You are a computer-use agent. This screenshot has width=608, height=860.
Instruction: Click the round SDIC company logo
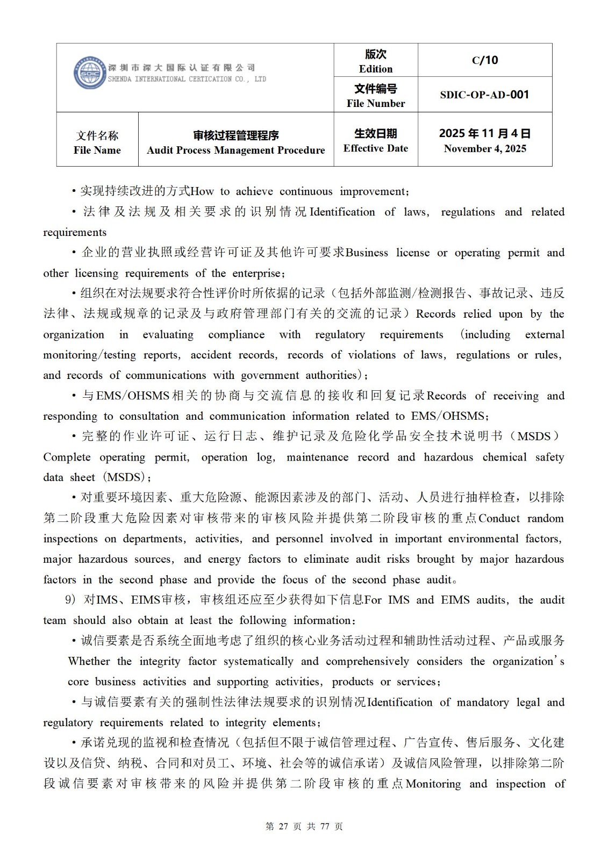point(89,73)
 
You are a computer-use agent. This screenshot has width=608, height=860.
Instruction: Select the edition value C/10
point(485,60)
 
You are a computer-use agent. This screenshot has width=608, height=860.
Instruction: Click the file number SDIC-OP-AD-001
point(484,95)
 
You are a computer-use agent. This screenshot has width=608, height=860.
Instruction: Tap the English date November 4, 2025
point(485,149)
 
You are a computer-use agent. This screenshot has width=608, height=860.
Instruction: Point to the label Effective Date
point(376,148)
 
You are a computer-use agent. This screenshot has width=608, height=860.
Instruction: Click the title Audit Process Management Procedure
point(236,150)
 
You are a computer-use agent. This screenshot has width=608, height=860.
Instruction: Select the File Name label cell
point(97,142)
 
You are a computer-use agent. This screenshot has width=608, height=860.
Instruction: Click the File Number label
point(376,103)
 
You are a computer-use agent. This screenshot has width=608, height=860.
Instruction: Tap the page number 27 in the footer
point(284,827)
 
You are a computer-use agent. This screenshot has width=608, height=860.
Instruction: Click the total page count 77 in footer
point(324,827)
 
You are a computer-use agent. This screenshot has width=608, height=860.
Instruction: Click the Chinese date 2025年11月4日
point(485,133)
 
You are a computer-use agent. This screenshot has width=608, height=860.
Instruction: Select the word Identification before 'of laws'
point(342,212)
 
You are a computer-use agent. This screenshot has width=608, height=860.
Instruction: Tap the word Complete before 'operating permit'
point(67,457)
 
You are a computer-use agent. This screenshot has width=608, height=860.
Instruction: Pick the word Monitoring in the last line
point(433,784)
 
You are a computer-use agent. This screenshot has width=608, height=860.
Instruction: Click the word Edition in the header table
point(376,69)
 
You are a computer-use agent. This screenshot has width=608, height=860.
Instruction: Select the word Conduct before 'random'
point(499,518)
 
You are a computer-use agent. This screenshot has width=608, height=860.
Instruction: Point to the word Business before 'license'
point(367,253)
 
